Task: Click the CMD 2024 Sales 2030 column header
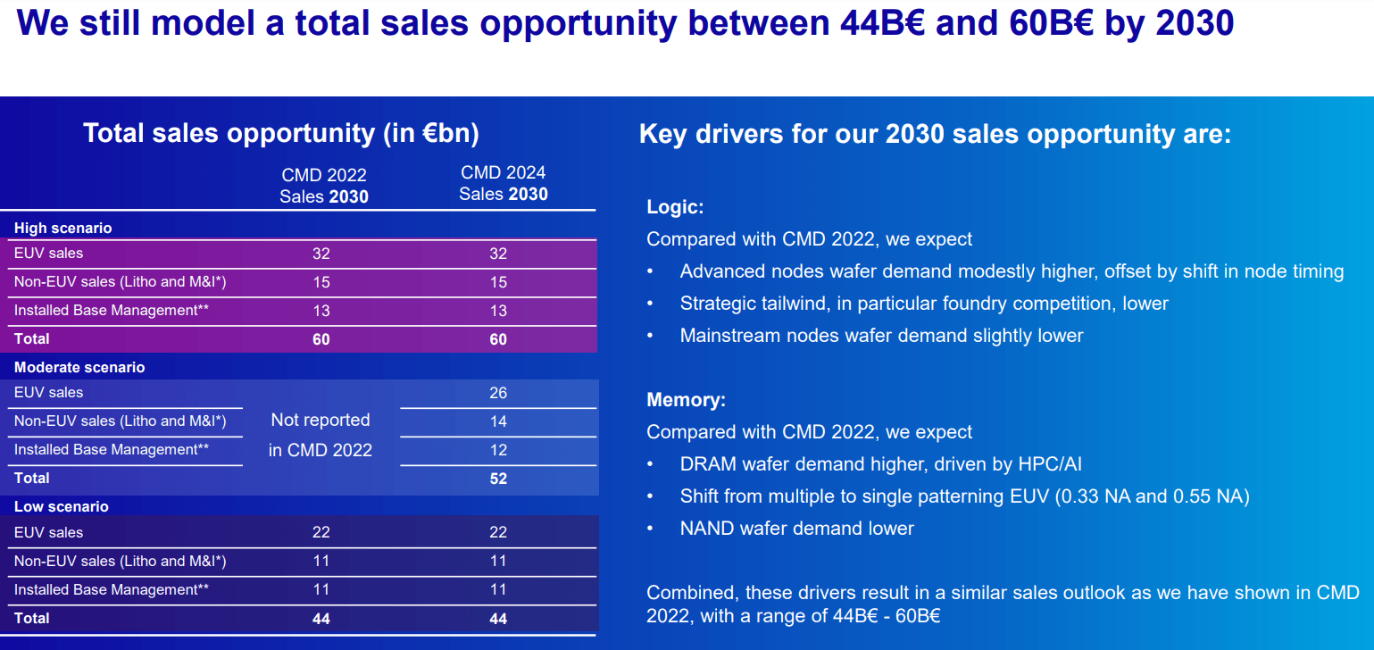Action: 503,183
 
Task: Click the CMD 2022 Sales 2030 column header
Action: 323,186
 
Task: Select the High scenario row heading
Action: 62,229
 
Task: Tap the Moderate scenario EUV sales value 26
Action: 498,393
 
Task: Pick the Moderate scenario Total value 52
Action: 498,479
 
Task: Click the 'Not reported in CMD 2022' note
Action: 320,436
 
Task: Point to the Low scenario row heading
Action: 61,507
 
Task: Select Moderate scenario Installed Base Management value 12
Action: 498,450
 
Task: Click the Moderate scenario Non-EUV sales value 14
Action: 498,421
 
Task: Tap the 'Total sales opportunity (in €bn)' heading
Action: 281,134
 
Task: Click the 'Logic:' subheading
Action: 675,208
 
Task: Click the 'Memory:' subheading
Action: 686,400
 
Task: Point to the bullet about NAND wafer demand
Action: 796,529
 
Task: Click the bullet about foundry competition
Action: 923,304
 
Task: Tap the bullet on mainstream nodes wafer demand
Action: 881,336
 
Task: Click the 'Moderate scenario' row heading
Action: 79,368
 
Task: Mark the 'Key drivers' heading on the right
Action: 935,135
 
